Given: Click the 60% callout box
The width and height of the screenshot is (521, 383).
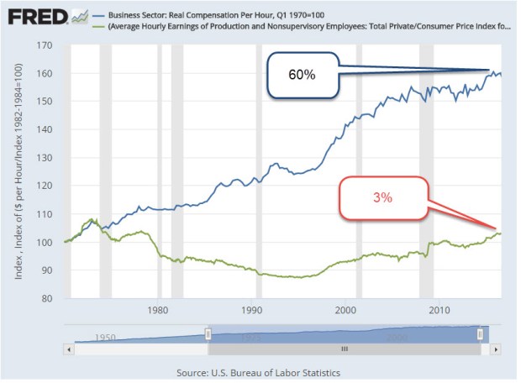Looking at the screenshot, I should pos(303,75).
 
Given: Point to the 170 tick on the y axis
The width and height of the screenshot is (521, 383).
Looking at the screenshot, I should pos(53,45).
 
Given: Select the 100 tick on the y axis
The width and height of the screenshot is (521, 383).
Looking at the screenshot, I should pos(53,242).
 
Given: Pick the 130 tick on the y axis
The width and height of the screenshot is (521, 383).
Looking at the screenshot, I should pos(53,158).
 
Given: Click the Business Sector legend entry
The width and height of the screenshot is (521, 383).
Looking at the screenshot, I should pos(218,12).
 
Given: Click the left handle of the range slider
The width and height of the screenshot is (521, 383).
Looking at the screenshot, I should pos(208,334).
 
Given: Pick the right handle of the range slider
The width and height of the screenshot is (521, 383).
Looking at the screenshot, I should pos(480,334).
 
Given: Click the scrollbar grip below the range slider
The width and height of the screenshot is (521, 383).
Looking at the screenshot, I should pos(343,347).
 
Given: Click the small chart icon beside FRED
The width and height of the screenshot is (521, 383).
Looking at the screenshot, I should pos(81,16).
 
